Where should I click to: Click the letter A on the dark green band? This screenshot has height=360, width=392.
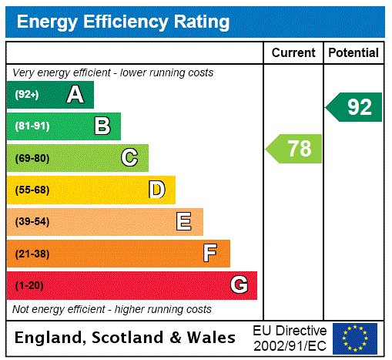pyautogui.click(x=75, y=95)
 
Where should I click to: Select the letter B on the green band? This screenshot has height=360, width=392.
pyautogui.click(x=102, y=126)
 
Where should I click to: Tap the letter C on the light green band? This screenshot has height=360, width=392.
pyautogui.click(x=129, y=158)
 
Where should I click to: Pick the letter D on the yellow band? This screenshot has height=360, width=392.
pyautogui.click(x=156, y=190)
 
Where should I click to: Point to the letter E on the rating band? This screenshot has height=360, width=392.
pyautogui.click(x=183, y=222)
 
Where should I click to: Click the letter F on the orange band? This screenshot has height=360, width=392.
pyautogui.click(x=210, y=254)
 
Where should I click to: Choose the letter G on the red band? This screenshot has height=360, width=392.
pyautogui.click(x=239, y=285)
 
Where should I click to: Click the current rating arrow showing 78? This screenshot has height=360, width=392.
pyautogui.click(x=294, y=148)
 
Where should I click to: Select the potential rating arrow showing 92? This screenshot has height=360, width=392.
pyautogui.click(x=354, y=106)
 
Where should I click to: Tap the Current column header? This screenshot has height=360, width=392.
pyautogui.click(x=293, y=53)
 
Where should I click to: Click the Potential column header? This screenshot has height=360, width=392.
pyautogui.click(x=353, y=53)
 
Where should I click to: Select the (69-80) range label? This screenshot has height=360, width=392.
pyautogui.click(x=32, y=159)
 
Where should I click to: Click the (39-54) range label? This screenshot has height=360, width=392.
pyautogui.click(x=32, y=222)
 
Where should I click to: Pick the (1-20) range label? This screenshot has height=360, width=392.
pyautogui.click(x=29, y=286)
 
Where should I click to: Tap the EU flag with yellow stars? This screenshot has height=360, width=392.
pyautogui.click(x=355, y=338)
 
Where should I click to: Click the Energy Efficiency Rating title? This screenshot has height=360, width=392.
pyautogui.click(x=123, y=22)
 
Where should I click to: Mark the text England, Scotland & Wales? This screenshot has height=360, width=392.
pyautogui.click(x=125, y=338)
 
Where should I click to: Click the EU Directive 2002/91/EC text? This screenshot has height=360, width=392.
pyautogui.click(x=290, y=338)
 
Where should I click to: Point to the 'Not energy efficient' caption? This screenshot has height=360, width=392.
pyautogui.click(x=112, y=309)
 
